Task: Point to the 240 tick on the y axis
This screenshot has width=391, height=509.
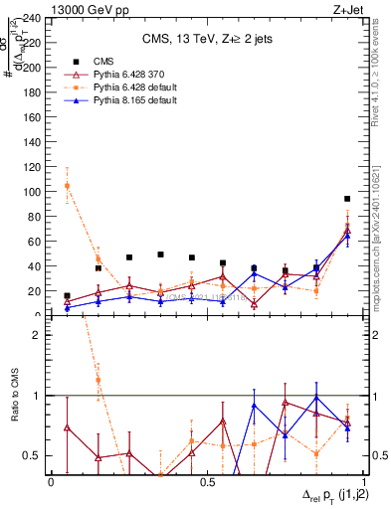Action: [x=32, y=18]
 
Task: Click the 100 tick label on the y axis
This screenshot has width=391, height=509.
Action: [x=32, y=192]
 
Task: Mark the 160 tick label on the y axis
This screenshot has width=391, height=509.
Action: [x=32, y=117]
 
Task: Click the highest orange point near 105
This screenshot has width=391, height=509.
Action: [x=67, y=186]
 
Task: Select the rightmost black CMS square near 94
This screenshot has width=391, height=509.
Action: [x=347, y=199]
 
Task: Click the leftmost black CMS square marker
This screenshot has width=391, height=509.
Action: [x=67, y=296]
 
